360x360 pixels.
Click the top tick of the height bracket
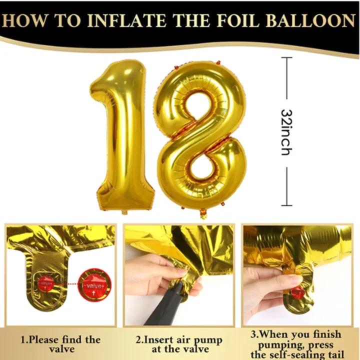pyautogui.click(x=286, y=58)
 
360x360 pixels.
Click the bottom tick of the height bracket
pyautogui.click(x=286, y=205)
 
